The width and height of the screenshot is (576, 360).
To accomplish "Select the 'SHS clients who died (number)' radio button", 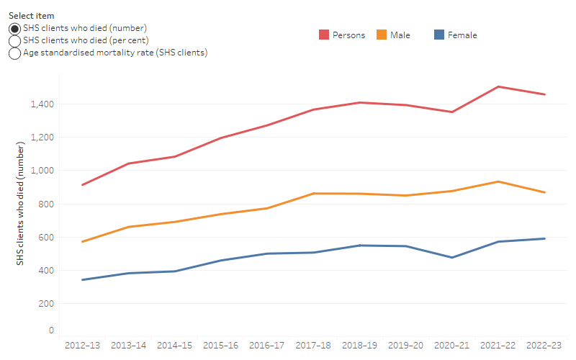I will click(x=14, y=28).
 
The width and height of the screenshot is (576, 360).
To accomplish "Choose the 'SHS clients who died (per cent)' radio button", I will click(x=14, y=40).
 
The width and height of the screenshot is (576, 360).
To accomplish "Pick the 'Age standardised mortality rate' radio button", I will click(x=14, y=53).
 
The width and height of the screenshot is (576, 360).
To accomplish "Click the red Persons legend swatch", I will click(x=325, y=35).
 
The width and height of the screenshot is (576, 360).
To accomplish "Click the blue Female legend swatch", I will click(x=438, y=35).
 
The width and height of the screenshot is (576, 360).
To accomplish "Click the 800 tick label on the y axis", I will click(x=45, y=204).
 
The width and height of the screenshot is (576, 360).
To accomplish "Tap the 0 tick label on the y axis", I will click(x=50, y=330).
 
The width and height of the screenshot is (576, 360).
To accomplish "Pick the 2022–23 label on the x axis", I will click(x=544, y=346).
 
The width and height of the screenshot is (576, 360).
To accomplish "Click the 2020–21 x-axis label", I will click(x=452, y=346).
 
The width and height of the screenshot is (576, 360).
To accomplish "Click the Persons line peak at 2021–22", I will click(x=498, y=86).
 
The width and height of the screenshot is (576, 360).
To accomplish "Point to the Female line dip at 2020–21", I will click(x=452, y=257).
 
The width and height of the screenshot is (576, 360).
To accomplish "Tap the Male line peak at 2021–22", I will click(x=498, y=181).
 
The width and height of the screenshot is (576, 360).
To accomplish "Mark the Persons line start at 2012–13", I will click(x=83, y=185).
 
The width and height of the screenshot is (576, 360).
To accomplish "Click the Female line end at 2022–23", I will click(x=544, y=238).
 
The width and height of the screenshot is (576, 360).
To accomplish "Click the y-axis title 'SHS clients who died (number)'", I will click(x=21, y=204).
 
